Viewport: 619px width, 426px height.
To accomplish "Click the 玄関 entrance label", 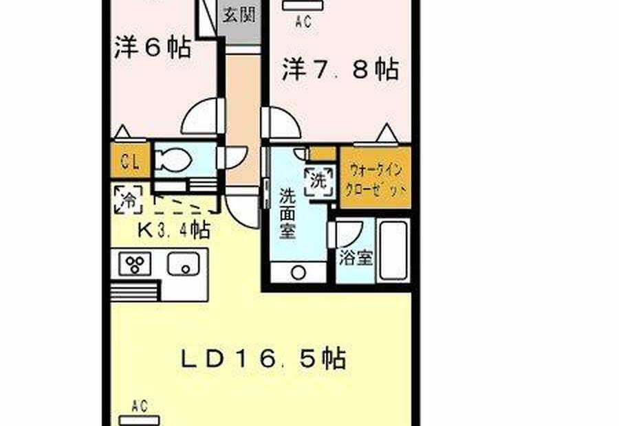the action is click(239, 14).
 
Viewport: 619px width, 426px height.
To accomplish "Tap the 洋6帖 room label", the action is click(153, 47).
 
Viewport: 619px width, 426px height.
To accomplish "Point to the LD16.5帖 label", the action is click(263, 358).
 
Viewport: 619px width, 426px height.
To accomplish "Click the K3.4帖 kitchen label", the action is click(173, 229).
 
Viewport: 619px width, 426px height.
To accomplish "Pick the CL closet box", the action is click(130, 161).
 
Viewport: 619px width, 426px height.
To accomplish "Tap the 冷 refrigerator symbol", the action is click(129, 199).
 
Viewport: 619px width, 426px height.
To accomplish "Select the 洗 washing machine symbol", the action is click(319, 181).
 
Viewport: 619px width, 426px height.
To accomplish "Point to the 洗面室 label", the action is click(287, 214).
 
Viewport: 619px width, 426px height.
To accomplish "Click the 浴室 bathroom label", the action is click(356, 258).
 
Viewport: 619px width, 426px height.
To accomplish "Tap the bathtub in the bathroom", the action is click(393, 250).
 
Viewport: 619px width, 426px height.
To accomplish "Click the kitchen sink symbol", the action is click(184, 264).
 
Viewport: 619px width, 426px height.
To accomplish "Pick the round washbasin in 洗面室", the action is click(298, 273).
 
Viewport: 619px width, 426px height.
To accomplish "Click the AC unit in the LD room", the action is click(140, 421).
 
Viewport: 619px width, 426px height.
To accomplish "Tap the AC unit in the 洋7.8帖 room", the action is click(303, 5).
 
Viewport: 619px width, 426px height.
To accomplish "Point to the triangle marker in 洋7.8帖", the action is click(387, 133).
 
